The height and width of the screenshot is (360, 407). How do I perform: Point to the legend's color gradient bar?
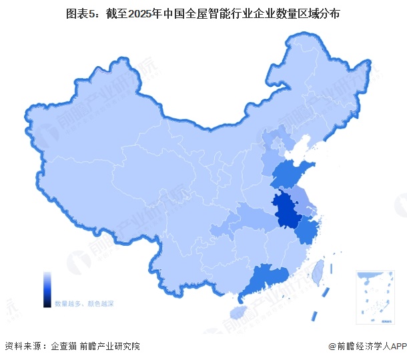(47, 289)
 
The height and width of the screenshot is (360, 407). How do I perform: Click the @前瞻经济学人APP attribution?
(366, 346)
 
